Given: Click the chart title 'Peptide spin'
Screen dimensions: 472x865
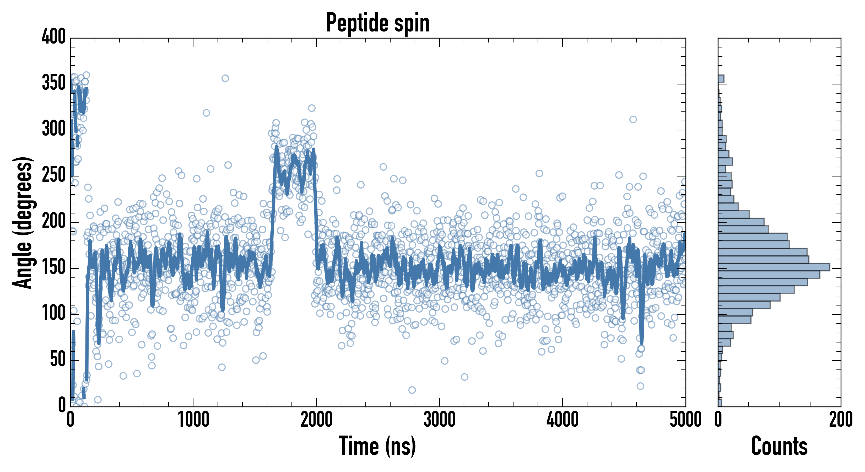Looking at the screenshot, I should [x=378, y=23].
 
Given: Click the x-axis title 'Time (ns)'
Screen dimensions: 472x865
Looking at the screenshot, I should [x=377, y=446].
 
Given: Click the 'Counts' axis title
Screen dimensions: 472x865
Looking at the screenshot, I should [x=779, y=446].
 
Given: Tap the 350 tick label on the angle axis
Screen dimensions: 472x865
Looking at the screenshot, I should [x=54, y=83].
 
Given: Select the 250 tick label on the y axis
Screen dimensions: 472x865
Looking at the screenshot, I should [x=54, y=175].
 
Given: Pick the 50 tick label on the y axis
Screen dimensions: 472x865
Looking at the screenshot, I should [x=58, y=360].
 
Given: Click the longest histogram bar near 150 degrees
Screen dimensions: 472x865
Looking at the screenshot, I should [x=774, y=267].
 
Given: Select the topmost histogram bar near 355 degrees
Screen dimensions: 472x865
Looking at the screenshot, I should [x=721, y=79].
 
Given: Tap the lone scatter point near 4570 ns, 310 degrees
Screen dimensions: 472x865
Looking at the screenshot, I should [x=633, y=119].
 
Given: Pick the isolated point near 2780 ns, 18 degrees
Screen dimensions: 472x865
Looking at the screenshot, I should [x=412, y=390].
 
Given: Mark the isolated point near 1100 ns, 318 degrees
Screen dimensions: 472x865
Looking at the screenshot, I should [x=206, y=112].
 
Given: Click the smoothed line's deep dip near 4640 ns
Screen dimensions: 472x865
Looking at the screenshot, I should [x=642, y=341].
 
